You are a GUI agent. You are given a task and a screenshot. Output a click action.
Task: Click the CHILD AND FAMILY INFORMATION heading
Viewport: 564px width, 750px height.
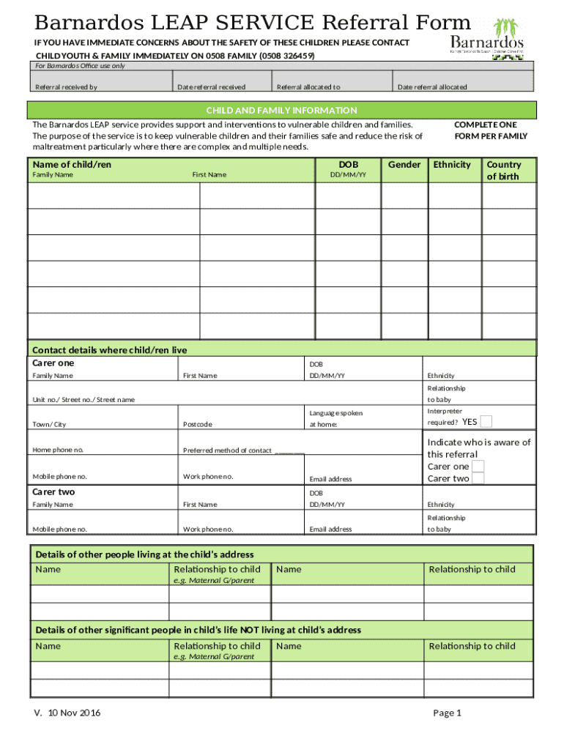(281, 111)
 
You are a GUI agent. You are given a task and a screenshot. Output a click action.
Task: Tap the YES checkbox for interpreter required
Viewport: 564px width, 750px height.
(486, 421)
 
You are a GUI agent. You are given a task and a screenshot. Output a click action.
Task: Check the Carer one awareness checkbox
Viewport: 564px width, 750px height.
(478, 467)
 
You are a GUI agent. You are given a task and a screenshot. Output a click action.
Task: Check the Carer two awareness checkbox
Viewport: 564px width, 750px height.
(478, 479)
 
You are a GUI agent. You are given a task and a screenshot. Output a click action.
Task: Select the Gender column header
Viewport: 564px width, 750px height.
(404, 165)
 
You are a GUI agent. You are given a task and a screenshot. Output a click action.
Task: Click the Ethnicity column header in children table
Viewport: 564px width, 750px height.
(452, 165)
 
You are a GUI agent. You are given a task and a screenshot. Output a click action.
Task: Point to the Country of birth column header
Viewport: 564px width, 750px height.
(503, 171)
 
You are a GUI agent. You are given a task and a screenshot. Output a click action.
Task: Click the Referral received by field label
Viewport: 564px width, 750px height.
(66, 87)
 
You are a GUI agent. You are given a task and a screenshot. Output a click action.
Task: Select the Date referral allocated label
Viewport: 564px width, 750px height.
(432, 87)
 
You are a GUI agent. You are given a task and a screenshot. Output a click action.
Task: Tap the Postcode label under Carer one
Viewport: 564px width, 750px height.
(198, 425)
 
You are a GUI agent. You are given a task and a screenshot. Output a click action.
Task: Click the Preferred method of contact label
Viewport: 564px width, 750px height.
(228, 450)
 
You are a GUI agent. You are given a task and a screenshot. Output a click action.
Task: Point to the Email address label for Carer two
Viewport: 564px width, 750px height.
(330, 529)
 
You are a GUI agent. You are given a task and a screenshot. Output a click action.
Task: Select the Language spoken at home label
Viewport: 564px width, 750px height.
(335, 418)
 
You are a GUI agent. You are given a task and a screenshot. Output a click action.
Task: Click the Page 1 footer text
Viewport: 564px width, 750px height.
(447, 713)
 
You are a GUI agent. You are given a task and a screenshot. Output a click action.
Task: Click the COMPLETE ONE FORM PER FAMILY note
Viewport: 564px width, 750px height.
(490, 130)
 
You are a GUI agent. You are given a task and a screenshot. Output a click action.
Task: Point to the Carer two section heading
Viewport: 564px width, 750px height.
(53, 491)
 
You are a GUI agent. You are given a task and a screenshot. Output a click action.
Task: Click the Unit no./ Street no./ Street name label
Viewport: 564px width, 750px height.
(84, 399)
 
